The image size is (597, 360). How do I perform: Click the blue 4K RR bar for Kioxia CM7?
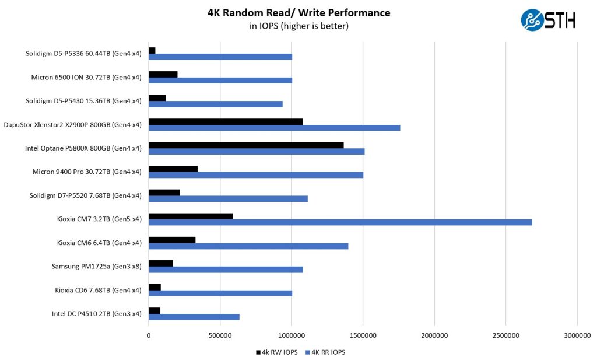pos(340,222)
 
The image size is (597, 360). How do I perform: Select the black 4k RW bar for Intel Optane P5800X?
pos(246,145)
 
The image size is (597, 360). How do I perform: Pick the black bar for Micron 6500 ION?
pos(163,74)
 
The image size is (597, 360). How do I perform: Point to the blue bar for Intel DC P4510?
pos(194,317)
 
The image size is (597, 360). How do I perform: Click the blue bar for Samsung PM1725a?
pos(226,270)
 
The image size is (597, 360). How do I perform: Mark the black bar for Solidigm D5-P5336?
pos(152,51)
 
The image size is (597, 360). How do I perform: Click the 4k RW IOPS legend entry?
pos(276,352)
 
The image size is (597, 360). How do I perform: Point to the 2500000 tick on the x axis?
pos(505,336)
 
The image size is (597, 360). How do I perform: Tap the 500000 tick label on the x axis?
pos(220,336)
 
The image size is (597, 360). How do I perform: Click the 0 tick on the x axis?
pos(149,336)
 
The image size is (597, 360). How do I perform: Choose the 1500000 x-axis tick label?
pos(363,336)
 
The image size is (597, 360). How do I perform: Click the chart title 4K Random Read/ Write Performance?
pos(298,13)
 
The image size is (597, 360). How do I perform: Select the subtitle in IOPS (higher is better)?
pos(298,26)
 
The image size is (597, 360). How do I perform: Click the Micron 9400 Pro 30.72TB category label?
pos(87,172)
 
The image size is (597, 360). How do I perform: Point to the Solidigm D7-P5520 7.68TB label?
pos(85,195)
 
